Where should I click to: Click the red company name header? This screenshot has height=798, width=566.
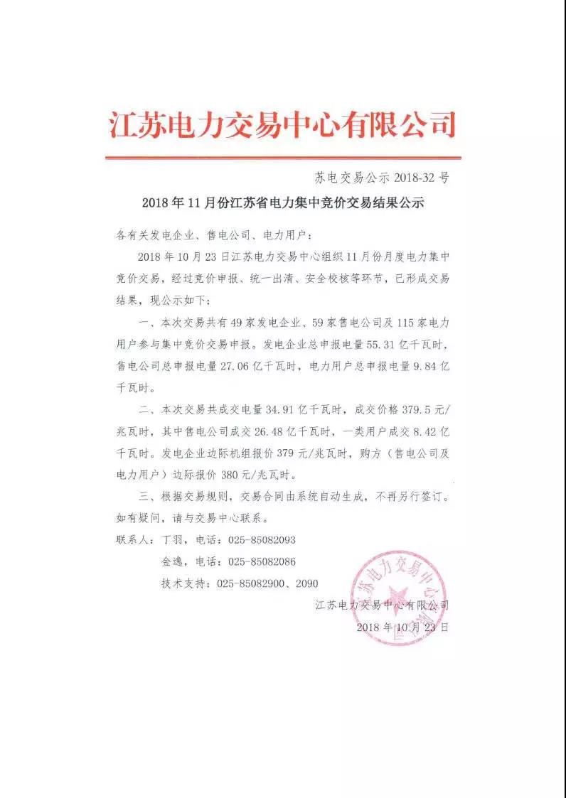(282, 125)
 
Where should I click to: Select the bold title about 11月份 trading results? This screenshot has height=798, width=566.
(282, 203)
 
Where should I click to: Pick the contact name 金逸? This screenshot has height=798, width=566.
(173, 561)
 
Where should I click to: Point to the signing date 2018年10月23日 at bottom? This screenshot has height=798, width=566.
(402, 628)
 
